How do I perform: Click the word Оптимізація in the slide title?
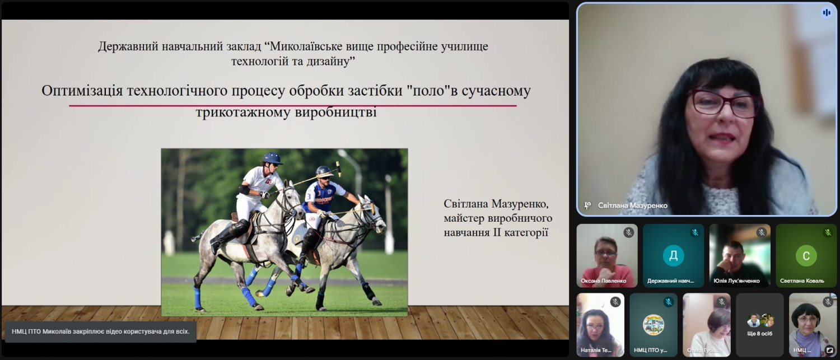[82, 91]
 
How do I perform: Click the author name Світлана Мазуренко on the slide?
[496, 204]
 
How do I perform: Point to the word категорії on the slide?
[526, 233]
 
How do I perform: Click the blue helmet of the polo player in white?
[273, 158]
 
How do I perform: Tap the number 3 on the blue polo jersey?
[309, 197]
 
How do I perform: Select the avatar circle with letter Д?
[673, 255]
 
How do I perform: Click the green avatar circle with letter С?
[806, 255]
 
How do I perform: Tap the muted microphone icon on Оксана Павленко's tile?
[628, 232]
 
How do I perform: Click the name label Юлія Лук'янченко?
[736, 280]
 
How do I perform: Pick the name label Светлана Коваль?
[802, 280]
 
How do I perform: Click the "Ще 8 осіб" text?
[760, 333]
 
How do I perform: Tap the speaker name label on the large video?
[633, 205]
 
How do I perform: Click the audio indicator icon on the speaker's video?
[827, 13]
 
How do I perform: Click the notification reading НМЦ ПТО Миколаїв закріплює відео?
[100, 331]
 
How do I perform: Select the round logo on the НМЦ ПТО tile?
[654, 325]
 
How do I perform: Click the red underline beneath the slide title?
[293, 106]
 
